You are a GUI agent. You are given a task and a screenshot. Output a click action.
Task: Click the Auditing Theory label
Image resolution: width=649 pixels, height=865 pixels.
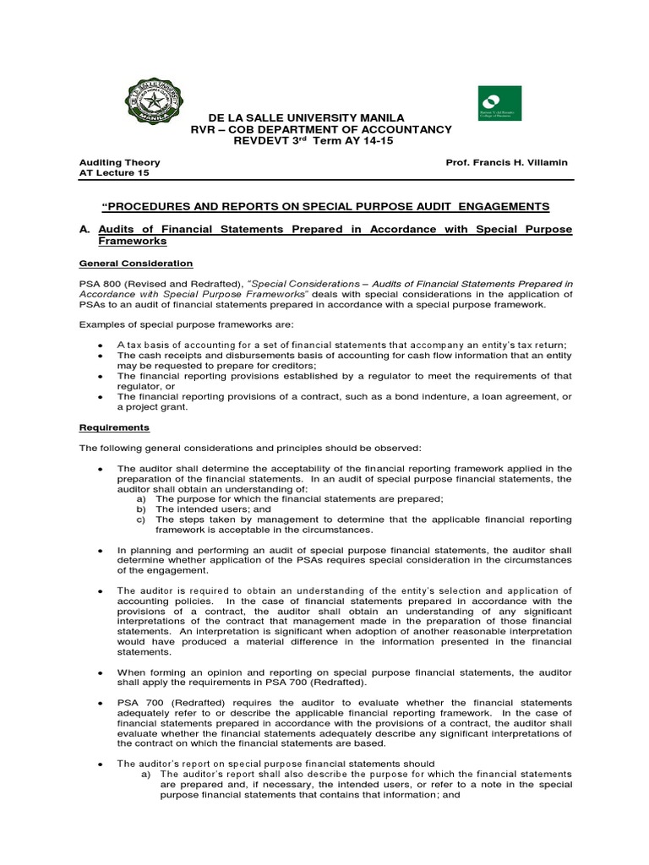pos(119,162)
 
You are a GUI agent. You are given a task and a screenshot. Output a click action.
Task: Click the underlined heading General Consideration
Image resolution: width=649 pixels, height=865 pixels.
pos(135,264)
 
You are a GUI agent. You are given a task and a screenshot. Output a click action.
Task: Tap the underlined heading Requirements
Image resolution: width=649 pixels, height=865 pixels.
pos(114,427)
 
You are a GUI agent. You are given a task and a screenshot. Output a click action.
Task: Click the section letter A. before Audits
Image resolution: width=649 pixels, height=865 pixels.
pos(85,229)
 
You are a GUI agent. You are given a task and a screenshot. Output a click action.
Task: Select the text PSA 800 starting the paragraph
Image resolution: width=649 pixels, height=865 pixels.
pos(100,284)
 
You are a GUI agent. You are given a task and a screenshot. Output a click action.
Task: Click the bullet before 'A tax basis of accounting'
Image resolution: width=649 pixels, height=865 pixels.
pos(101,345)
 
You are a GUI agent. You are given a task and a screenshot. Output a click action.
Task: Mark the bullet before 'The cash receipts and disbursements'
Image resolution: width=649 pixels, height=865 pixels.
pos(101,356)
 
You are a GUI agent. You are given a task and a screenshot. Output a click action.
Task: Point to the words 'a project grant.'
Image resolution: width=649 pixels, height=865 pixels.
pos(152,406)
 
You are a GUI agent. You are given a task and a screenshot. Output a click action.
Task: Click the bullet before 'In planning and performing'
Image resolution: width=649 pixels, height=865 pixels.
pos(101,550)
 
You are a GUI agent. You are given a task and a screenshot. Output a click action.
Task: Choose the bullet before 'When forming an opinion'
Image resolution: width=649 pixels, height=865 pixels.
pos(101,672)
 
